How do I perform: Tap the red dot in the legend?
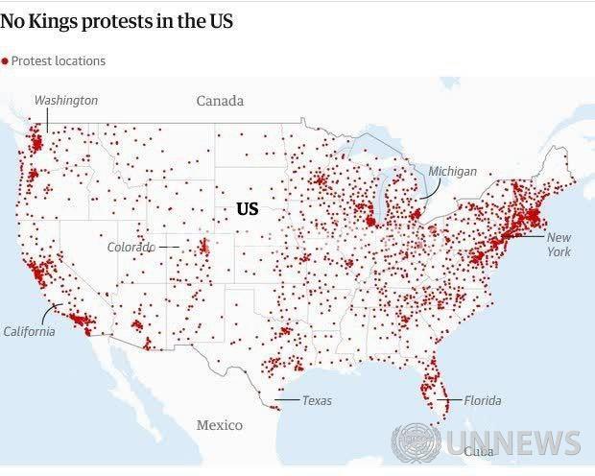click(x=5, y=61)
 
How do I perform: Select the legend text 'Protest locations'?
click(x=59, y=61)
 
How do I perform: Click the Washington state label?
click(x=66, y=100)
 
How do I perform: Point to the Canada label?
click(x=220, y=101)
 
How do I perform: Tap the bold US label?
click(x=248, y=208)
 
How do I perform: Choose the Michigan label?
click(x=452, y=171)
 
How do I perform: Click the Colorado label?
click(x=131, y=247)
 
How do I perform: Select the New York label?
click(x=559, y=244)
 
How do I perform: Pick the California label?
click(x=29, y=331)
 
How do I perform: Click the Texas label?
click(x=317, y=400)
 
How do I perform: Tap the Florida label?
click(x=482, y=400)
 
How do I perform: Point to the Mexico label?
click(x=220, y=425)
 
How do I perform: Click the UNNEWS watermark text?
click(x=512, y=443)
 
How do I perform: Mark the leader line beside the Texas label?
click(x=286, y=400)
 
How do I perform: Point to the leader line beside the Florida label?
click(x=452, y=400)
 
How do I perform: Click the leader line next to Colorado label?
click(x=169, y=247)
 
